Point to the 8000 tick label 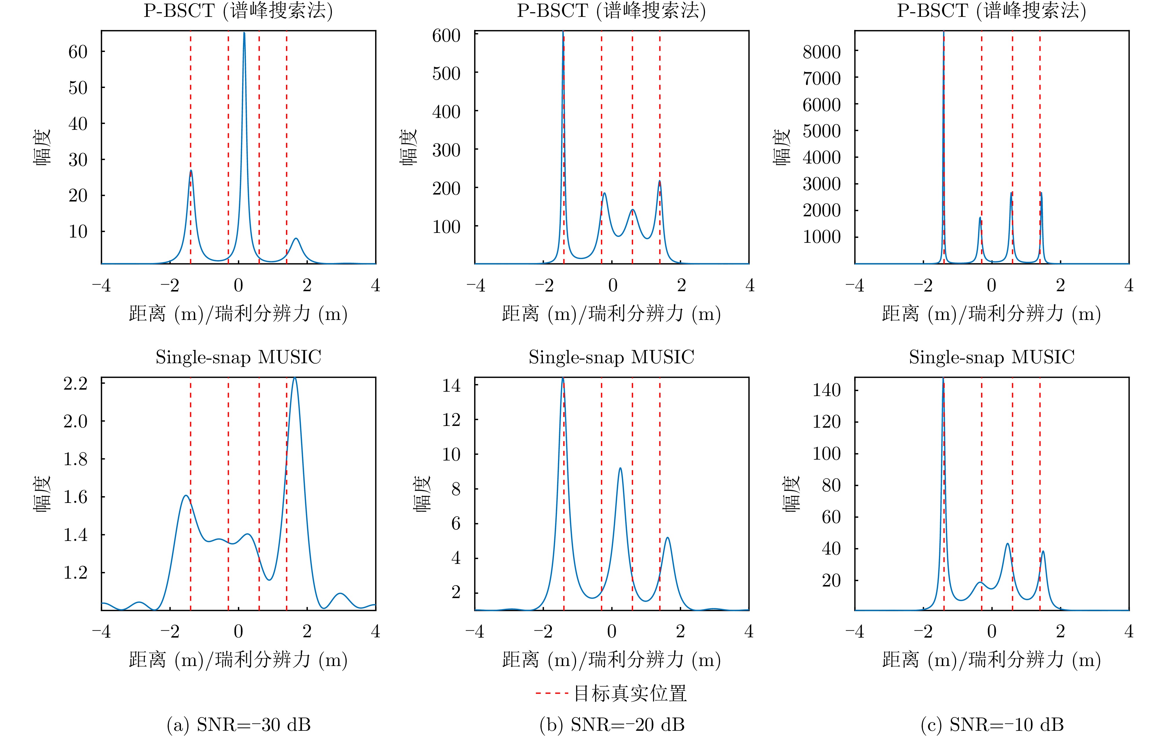pyautogui.click(x=821, y=52)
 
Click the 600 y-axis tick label pyautogui.click(x=446, y=35)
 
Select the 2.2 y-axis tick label pyautogui.click(x=75, y=384)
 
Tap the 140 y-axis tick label pyautogui.click(x=827, y=390)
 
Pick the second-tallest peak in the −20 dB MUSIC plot pyautogui.click(x=620, y=468)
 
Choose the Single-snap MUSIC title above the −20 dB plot pyautogui.click(x=611, y=357)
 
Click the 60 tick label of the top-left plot pyautogui.click(x=78, y=52)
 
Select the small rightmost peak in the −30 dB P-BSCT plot pyautogui.click(x=296, y=239)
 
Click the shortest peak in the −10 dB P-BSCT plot pyautogui.click(x=980, y=218)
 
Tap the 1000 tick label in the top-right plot pyautogui.click(x=821, y=237)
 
